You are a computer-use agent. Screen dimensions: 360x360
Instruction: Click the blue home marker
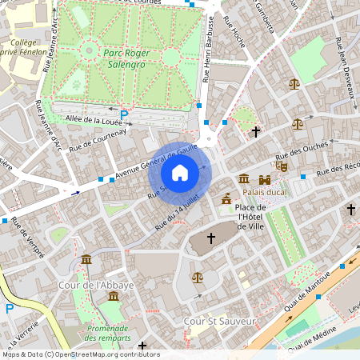coord(180,173)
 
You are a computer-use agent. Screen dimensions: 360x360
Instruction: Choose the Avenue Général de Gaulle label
coord(157,162)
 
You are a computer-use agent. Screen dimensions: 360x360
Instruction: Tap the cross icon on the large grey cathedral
coord(211,238)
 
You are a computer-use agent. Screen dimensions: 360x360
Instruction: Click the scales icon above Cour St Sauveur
coord(198,278)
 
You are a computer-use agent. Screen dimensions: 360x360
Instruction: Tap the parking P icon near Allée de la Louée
coord(124,114)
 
